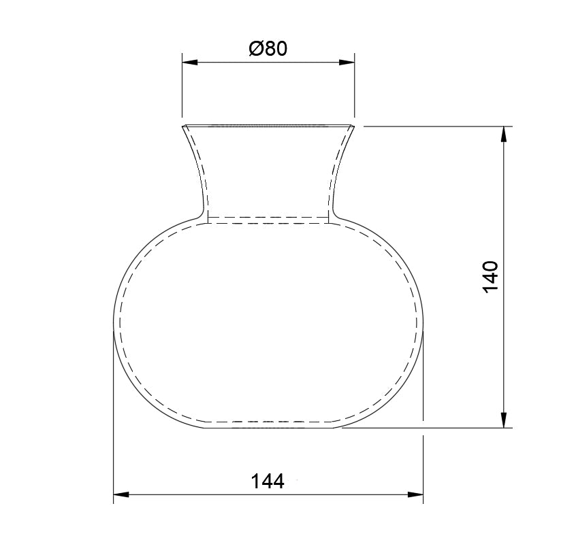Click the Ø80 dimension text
[268, 49]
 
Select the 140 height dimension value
[491, 277]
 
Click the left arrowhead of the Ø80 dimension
[189, 62]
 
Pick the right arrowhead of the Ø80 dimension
[347, 62]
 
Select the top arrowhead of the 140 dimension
[504, 134]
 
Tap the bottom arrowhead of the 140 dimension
[504, 420]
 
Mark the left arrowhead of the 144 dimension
[121, 494]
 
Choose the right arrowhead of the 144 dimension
[415, 494]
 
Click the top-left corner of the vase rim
[182, 126]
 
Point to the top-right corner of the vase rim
[354, 126]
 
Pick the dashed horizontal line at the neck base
[268, 218]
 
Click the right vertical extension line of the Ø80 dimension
[355, 88]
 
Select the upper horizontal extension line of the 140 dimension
[436, 126]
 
